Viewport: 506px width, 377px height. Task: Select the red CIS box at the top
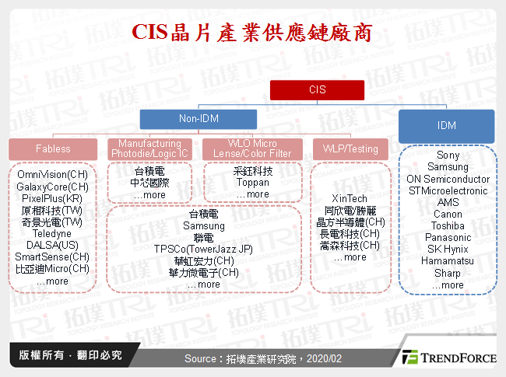click(x=317, y=89)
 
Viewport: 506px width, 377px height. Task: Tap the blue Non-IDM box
click(x=199, y=120)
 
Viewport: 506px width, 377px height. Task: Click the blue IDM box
click(x=446, y=125)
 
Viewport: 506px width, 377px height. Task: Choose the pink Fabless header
click(x=53, y=148)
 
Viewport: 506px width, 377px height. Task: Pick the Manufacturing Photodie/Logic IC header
click(x=150, y=148)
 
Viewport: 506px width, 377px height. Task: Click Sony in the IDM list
click(x=448, y=155)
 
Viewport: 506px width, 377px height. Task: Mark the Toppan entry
click(x=251, y=182)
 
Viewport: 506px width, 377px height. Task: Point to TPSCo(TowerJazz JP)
click(x=203, y=249)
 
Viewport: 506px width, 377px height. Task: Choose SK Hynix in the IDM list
click(x=448, y=250)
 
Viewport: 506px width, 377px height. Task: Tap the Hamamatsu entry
click(x=448, y=261)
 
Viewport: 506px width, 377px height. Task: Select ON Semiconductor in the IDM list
click(x=448, y=179)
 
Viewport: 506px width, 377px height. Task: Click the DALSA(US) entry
click(x=52, y=246)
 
